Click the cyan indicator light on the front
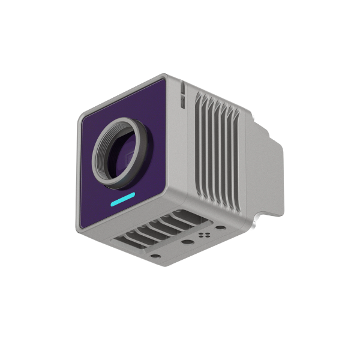(x=123, y=200)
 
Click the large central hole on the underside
(x=188, y=243)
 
